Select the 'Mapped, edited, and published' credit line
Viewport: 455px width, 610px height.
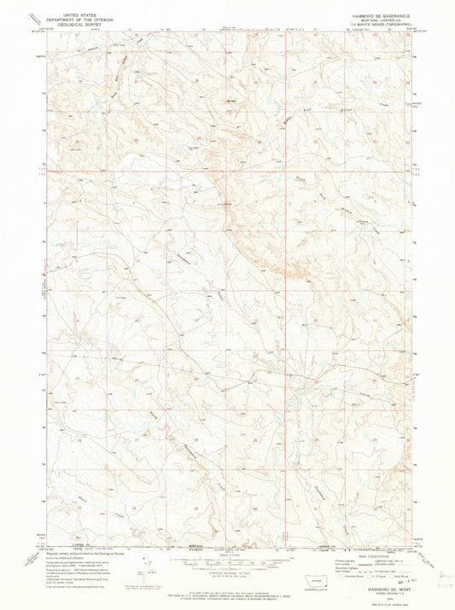point(73,555)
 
